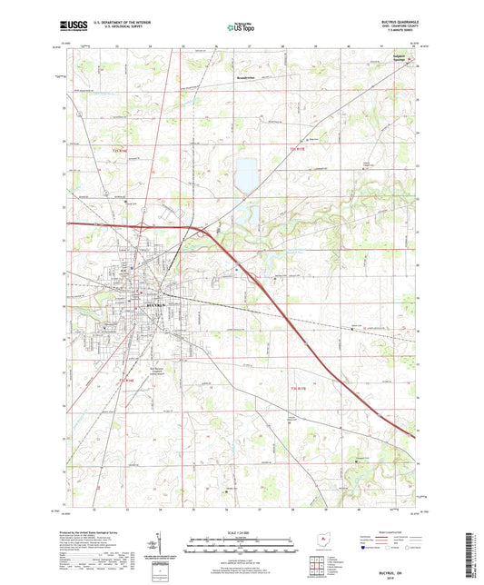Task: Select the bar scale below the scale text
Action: pos(241,547)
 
